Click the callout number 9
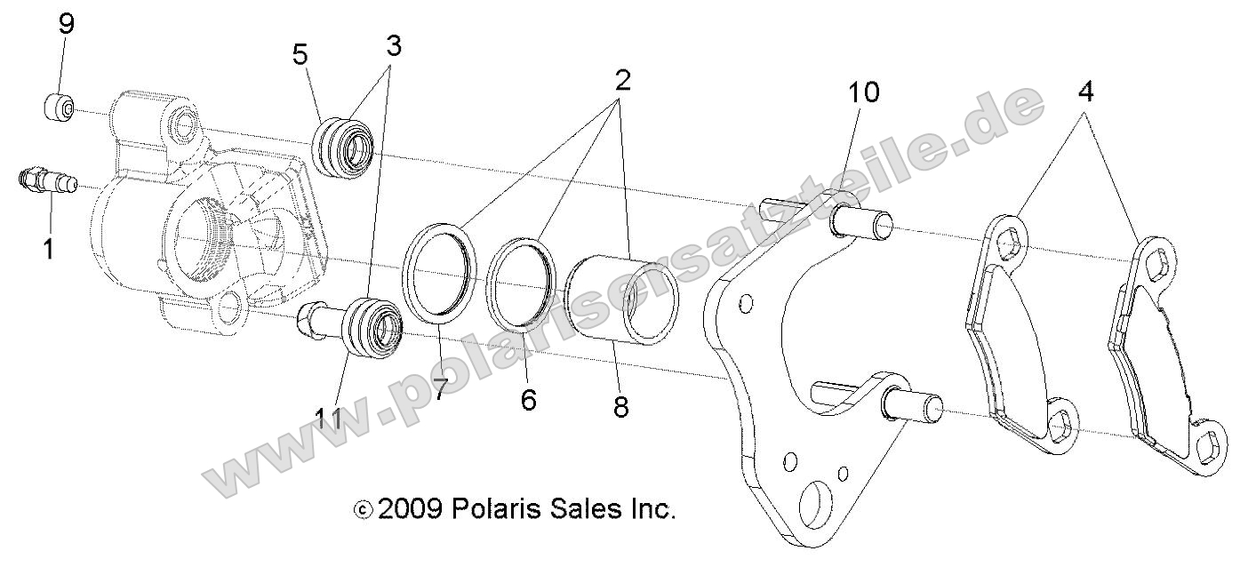67,24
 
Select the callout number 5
300,55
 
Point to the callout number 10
862,92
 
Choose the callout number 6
529,400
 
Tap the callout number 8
620,407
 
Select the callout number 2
621,80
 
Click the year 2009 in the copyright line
410,509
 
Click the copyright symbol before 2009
362,510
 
